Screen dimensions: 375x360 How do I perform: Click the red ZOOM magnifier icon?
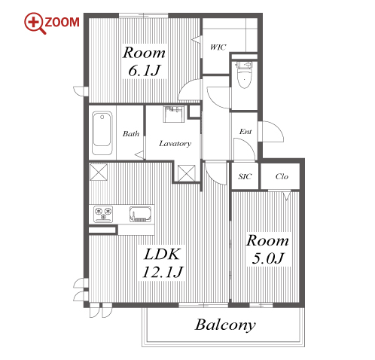(x=35, y=23)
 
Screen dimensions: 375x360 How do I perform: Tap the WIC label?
(x=218, y=47)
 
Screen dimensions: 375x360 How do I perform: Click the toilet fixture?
(x=244, y=75)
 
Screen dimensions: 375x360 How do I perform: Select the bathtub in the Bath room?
(x=102, y=133)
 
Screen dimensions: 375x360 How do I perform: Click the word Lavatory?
(x=175, y=144)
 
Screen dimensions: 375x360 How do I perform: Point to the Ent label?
(x=245, y=132)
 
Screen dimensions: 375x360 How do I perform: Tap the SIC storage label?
(x=245, y=176)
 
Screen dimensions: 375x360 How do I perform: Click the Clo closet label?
(x=282, y=176)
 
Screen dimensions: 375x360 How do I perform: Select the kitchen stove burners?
(x=103, y=214)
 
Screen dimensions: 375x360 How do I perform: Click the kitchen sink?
(x=140, y=214)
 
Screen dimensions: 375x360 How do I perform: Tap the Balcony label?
(x=225, y=325)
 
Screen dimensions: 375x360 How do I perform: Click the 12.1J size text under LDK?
(x=163, y=272)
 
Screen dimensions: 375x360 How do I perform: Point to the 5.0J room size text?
(x=268, y=258)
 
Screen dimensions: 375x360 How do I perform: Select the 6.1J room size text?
(x=145, y=71)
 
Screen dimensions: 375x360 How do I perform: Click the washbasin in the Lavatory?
(x=174, y=114)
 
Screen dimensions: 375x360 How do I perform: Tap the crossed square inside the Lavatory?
(x=187, y=173)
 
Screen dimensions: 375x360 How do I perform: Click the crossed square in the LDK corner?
(x=99, y=172)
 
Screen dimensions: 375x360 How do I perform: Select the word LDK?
(x=162, y=254)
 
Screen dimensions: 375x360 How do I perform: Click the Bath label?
(x=131, y=133)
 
